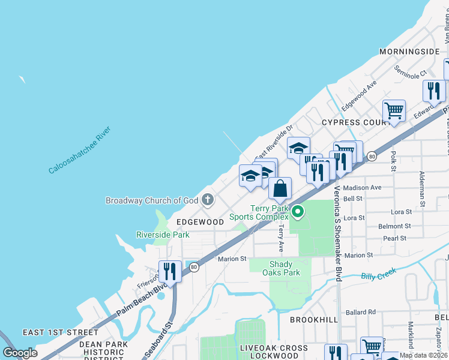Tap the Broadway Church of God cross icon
(x=208, y=200)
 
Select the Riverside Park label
(x=163, y=235)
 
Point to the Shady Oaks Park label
(x=281, y=268)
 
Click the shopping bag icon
(x=280, y=188)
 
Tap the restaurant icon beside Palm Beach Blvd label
(x=170, y=271)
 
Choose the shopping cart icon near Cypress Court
(x=394, y=110)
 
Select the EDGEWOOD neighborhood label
(x=200, y=222)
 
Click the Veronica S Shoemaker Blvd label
(x=337, y=233)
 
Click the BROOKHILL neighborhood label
(x=314, y=320)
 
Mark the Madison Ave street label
(x=362, y=187)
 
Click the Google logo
(x=20, y=352)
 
